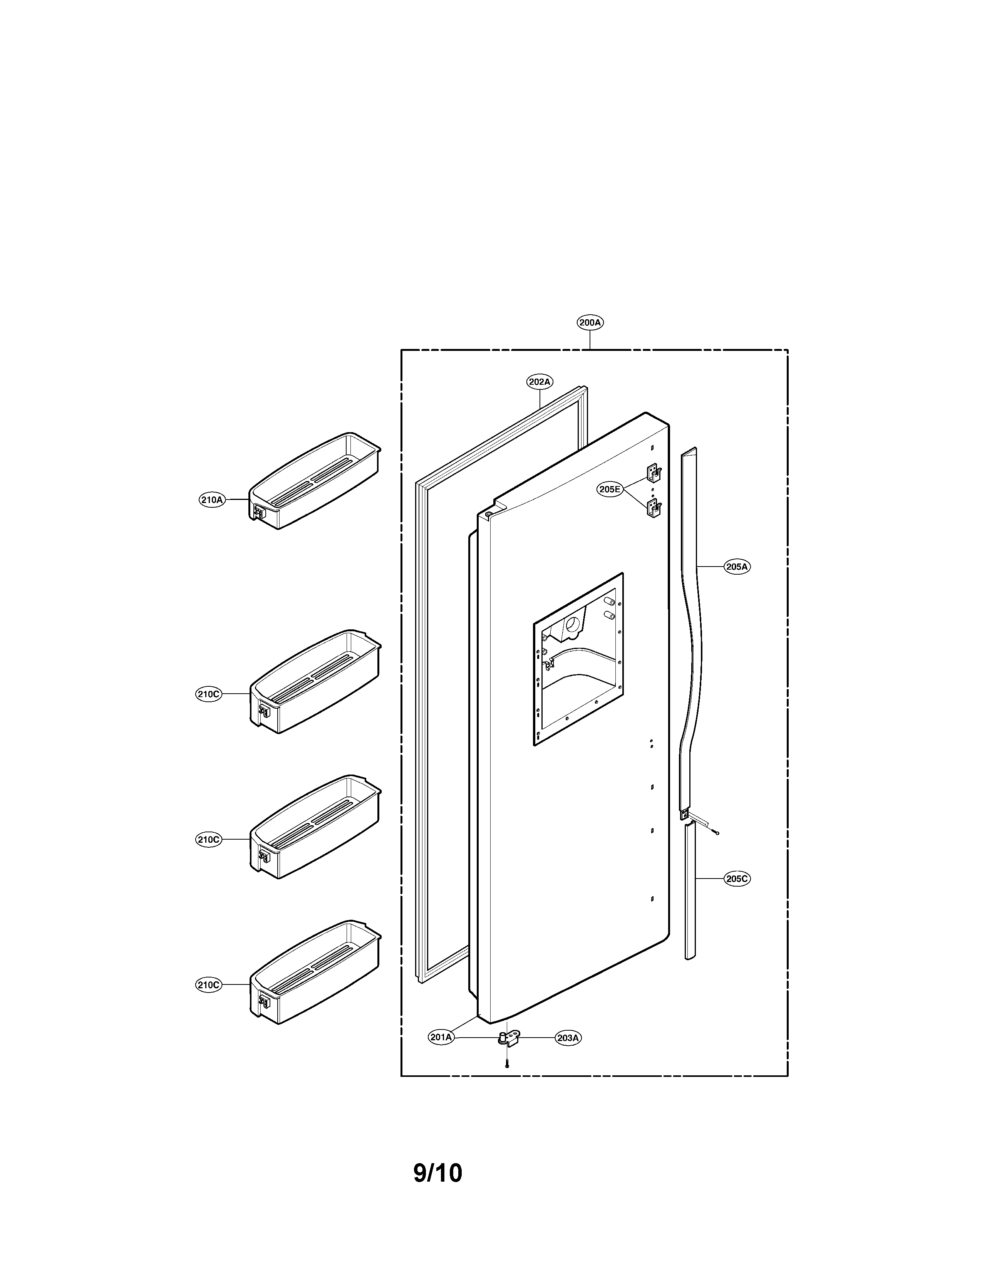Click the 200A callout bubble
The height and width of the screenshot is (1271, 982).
click(x=590, y=322)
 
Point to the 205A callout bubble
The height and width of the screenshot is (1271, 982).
click(x=736, y=566)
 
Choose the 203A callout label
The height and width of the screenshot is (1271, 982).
click(x=568, y=1038)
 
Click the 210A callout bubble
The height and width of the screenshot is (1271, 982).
click(x=212, y=499)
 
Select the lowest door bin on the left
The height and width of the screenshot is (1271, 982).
click(x=315, y=970)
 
